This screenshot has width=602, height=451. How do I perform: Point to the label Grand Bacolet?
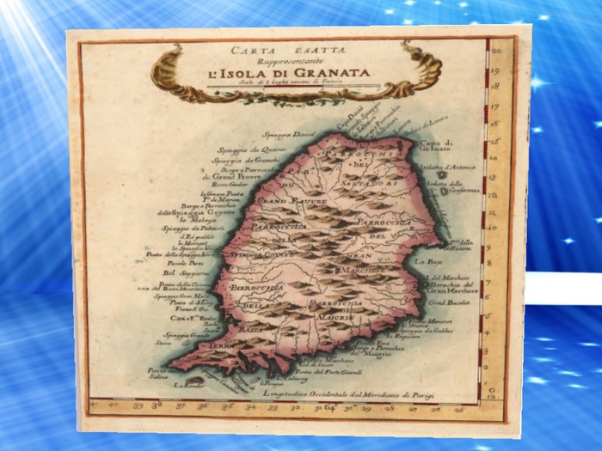pyautogui.click(x=445, y=303)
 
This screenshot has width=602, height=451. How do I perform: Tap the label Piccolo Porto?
pyautogui.click(x=182, y=262)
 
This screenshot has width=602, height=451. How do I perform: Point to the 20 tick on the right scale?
pyautogui.click(x=496, y=52)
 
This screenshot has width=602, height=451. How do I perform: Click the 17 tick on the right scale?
pyautogui.click(x=495, y=108)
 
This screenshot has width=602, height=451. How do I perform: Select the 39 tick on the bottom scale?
pyautogui.click(x=133, y=402)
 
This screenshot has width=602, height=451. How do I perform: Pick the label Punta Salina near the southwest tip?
pyautogui.click(x=158, y=375)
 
